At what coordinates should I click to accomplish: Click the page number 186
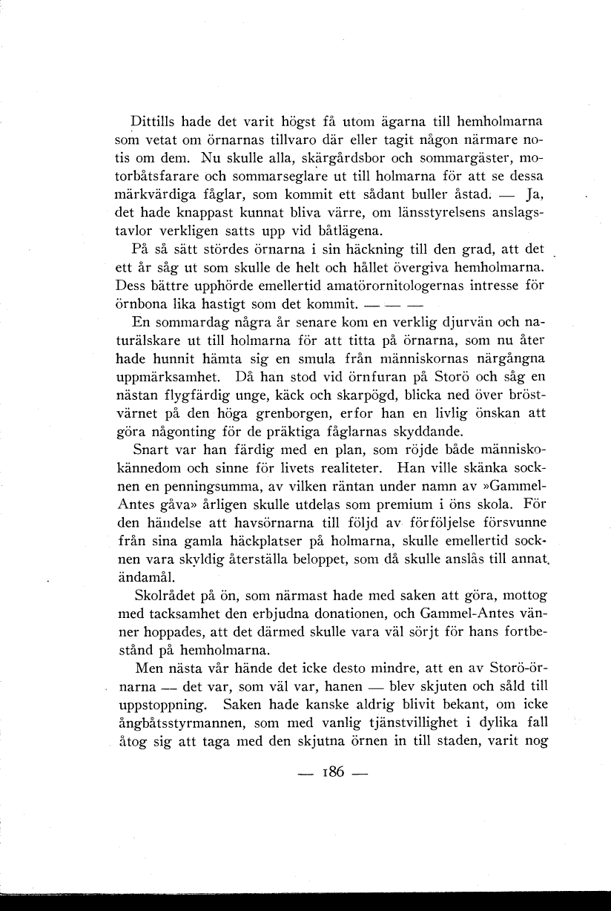[331, 772]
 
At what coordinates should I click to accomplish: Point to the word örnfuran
[389, 377]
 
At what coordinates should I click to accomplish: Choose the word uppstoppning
[162, 703]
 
